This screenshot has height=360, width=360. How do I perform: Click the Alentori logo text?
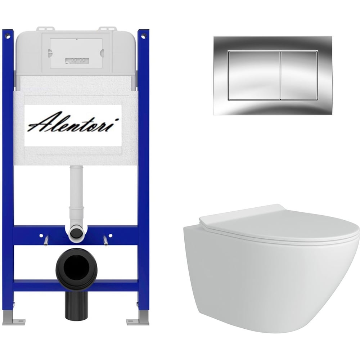[73, 122]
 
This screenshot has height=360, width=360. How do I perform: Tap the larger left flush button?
[254, 76]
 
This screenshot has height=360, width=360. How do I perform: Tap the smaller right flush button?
[299, 76]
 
